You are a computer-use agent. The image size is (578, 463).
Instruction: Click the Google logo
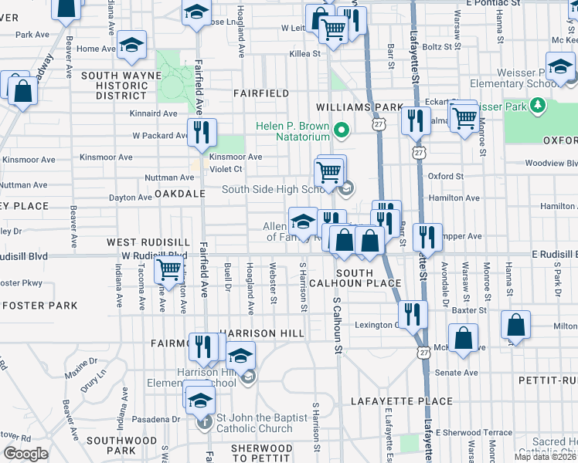[x=25, y=454]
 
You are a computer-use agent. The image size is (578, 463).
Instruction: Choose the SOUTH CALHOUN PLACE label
[x=368, y=279]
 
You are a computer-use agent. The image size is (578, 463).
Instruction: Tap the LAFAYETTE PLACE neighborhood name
[x=401, y=401]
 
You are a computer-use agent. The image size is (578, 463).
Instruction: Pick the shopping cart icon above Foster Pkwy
[x=168, y=270]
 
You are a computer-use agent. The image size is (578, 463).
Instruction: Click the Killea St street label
[x=304, y=53]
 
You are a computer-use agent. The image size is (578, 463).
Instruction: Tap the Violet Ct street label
[x=226, y=169]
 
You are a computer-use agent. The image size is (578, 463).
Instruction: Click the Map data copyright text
[x=545, y=457]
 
